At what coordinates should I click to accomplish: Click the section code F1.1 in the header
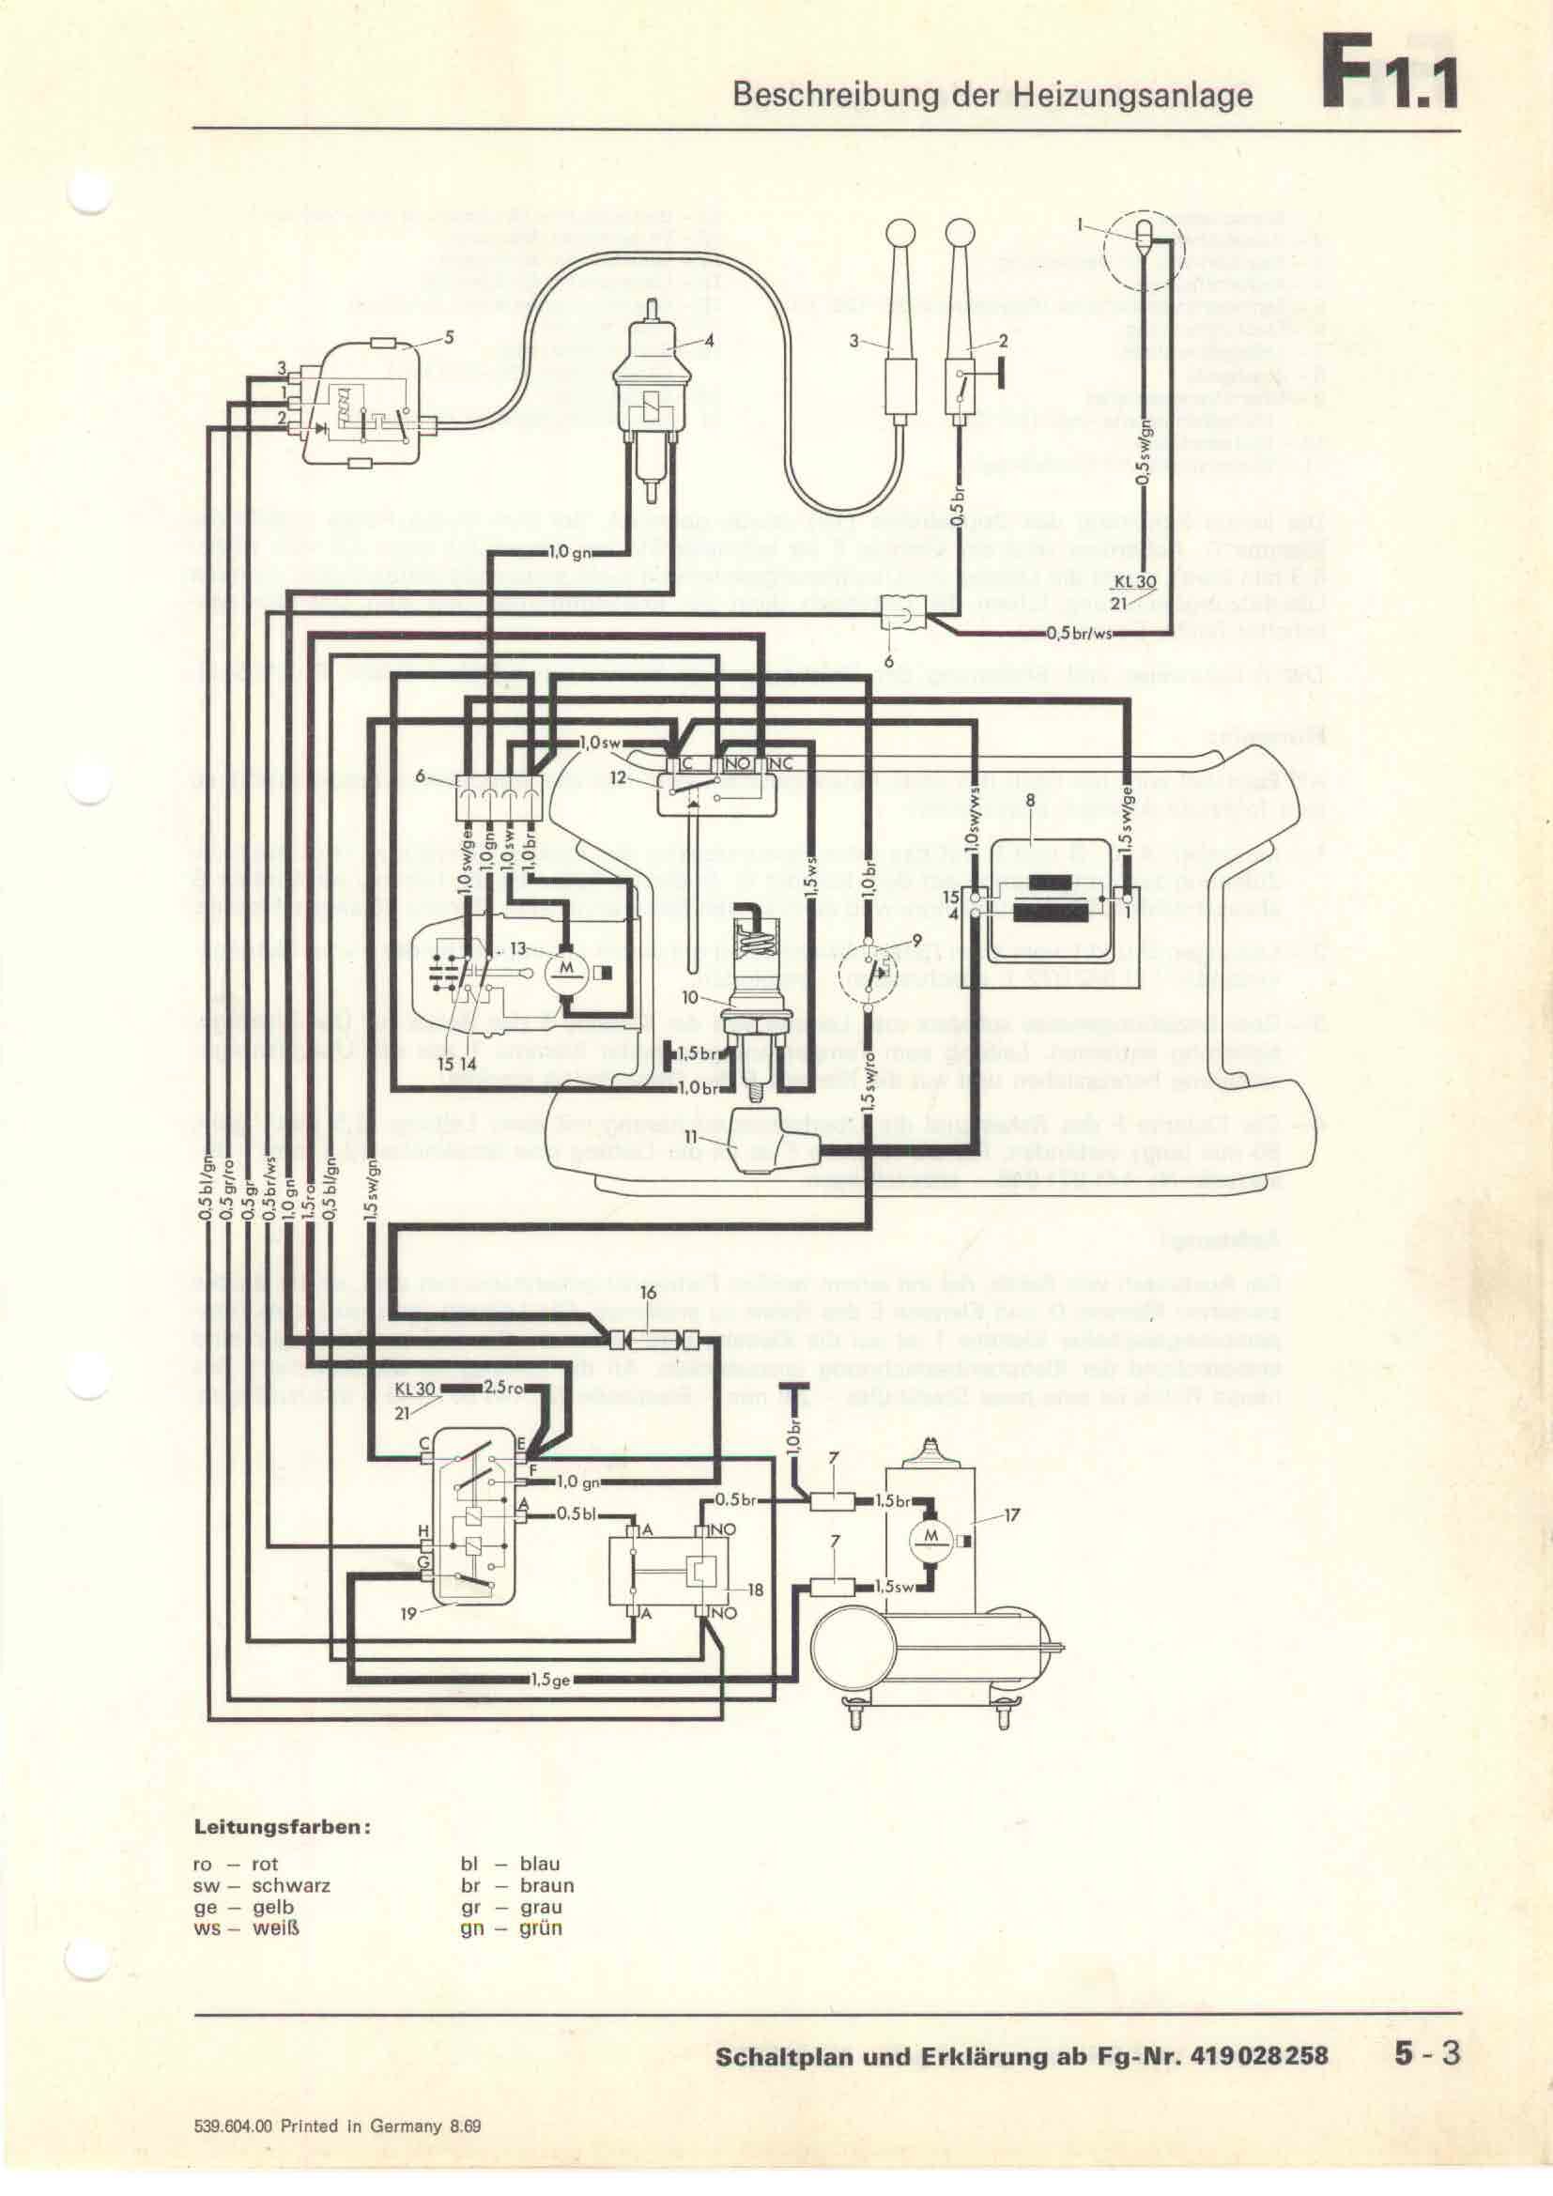[x=1390, y=74]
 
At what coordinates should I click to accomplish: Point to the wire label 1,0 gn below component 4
[x=571, y=552]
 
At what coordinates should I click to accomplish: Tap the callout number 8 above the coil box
[x=1030, y=799]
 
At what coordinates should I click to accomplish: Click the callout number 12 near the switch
[x=620, y=778]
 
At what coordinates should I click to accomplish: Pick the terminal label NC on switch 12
[x=781, y=764]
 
